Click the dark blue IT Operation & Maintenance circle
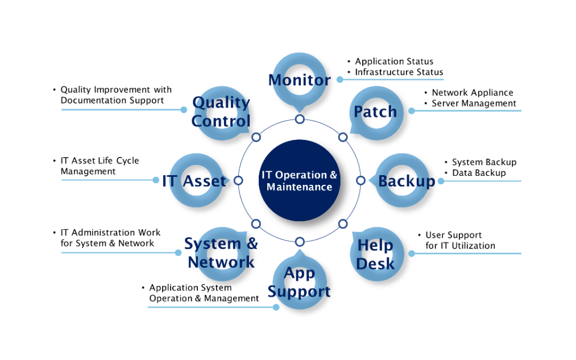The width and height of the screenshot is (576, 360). pyautogui.click(x=300, y=180)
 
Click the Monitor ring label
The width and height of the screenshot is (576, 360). pyautogui.click(x=300, y=80)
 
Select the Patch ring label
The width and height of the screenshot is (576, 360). pyautogui.click(x=375, y=111)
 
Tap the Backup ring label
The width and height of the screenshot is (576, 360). pyautogui.click(x=407, y=181)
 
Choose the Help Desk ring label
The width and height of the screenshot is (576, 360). pyautogui.click(x=375, y=254)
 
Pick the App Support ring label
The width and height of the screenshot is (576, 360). pyautogui.click(x=300, y=282)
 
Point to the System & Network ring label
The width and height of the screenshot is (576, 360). pyautogui.click(x=221, y=253)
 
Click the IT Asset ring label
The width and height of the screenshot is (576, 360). pyautogui.click(x=194, y=181)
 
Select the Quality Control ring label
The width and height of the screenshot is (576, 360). pyautogui.click(x=221, y=111)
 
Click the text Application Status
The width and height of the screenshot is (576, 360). pyautogui.click(x=394, y=61)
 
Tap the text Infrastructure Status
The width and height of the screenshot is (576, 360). pyautogui.click(x=399, y=72)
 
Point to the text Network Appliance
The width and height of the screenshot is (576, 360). pyautogui.click(x=473, y=93)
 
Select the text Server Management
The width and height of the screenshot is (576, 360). pyautogui.click(x=474, y=104)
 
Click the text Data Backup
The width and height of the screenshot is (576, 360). pyautogui.click(x=479, y=173)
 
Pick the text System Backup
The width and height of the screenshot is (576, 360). pyautogui.click(x=484, y=162)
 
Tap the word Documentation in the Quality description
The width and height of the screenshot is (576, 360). pyautogui.click(x=86, y=100)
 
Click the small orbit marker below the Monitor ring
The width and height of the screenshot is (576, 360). pyautogui.click(x=300, y=119)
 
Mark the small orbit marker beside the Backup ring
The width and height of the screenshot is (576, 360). pyautogui.click(x=360, y=180)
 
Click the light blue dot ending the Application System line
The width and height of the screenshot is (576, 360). pyautogui.click(x=276, y=307)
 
